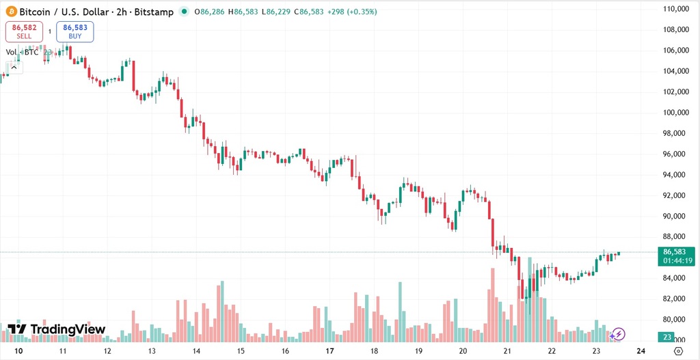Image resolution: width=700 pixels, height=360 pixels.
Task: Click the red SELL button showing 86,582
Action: tap(24, 31)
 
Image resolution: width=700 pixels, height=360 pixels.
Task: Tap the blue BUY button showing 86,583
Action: tap(75, 31)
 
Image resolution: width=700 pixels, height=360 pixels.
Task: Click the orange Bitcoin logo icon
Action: tap(11, 12)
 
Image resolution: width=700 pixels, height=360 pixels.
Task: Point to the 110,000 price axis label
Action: tap(675, 9)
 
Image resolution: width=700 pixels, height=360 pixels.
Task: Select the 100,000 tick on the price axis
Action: tap(675, 113)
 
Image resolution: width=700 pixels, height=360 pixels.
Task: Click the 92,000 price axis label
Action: tap(675, 195)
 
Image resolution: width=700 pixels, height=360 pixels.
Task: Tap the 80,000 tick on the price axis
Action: tap(675, 320)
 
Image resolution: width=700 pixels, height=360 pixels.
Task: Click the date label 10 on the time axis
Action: tap(18, 351)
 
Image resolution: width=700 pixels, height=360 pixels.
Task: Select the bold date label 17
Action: tap(329, 351)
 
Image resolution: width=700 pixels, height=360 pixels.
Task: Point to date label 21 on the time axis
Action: tap(507, 351)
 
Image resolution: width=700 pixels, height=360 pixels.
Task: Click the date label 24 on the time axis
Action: tap(641, 351)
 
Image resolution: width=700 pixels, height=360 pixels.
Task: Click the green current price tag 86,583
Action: tap(675, 252)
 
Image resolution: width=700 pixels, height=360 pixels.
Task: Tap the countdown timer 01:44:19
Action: tap(675, 261)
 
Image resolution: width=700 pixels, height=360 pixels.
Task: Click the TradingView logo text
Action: tap(57, 330)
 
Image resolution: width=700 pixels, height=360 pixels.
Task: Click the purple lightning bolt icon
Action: tap(618, 334)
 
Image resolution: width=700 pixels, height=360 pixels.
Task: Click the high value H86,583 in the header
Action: tap(247, 12)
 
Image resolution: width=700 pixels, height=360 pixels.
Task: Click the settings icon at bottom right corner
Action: tap(677, 351)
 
